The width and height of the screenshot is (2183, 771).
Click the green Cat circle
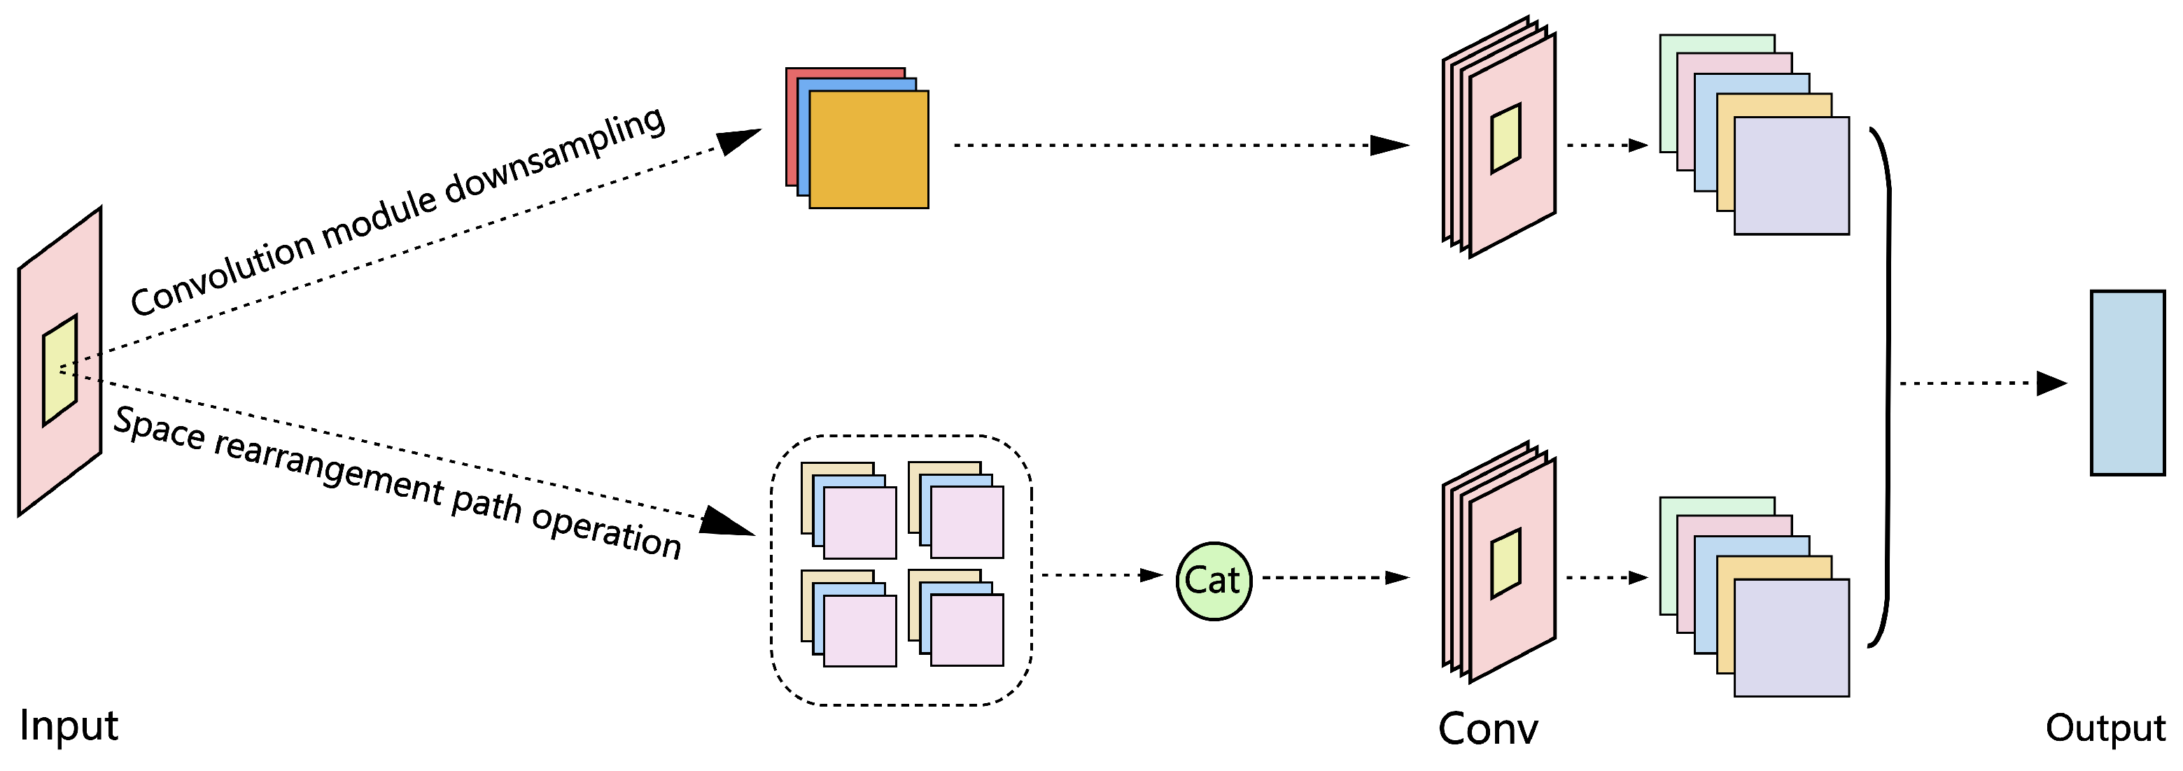[x=1214, y=581]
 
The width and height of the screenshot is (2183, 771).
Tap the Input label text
[x=69, y=726]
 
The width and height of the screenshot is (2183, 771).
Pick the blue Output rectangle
[x=2127, y=383]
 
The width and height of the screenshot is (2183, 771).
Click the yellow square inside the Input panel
[x=60, y=370]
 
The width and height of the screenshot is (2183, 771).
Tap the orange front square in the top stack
[x=869, y=150]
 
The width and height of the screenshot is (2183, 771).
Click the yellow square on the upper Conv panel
[x=1506, y=138]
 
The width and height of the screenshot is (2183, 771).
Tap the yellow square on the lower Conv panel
[x=1506, y=563]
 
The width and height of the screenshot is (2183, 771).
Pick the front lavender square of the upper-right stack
[x=1792, y=176]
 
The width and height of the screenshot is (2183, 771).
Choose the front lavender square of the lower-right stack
[x=1792, y=638]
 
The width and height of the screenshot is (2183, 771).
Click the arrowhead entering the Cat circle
[x=1151, y=575]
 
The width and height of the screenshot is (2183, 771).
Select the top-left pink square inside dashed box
[x=860, y=523]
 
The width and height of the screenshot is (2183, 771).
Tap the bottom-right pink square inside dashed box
[x=967, y=630]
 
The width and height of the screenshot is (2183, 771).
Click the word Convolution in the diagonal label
[x=222, y=274]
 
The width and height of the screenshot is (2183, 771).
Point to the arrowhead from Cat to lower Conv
[x=1396, y=578]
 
